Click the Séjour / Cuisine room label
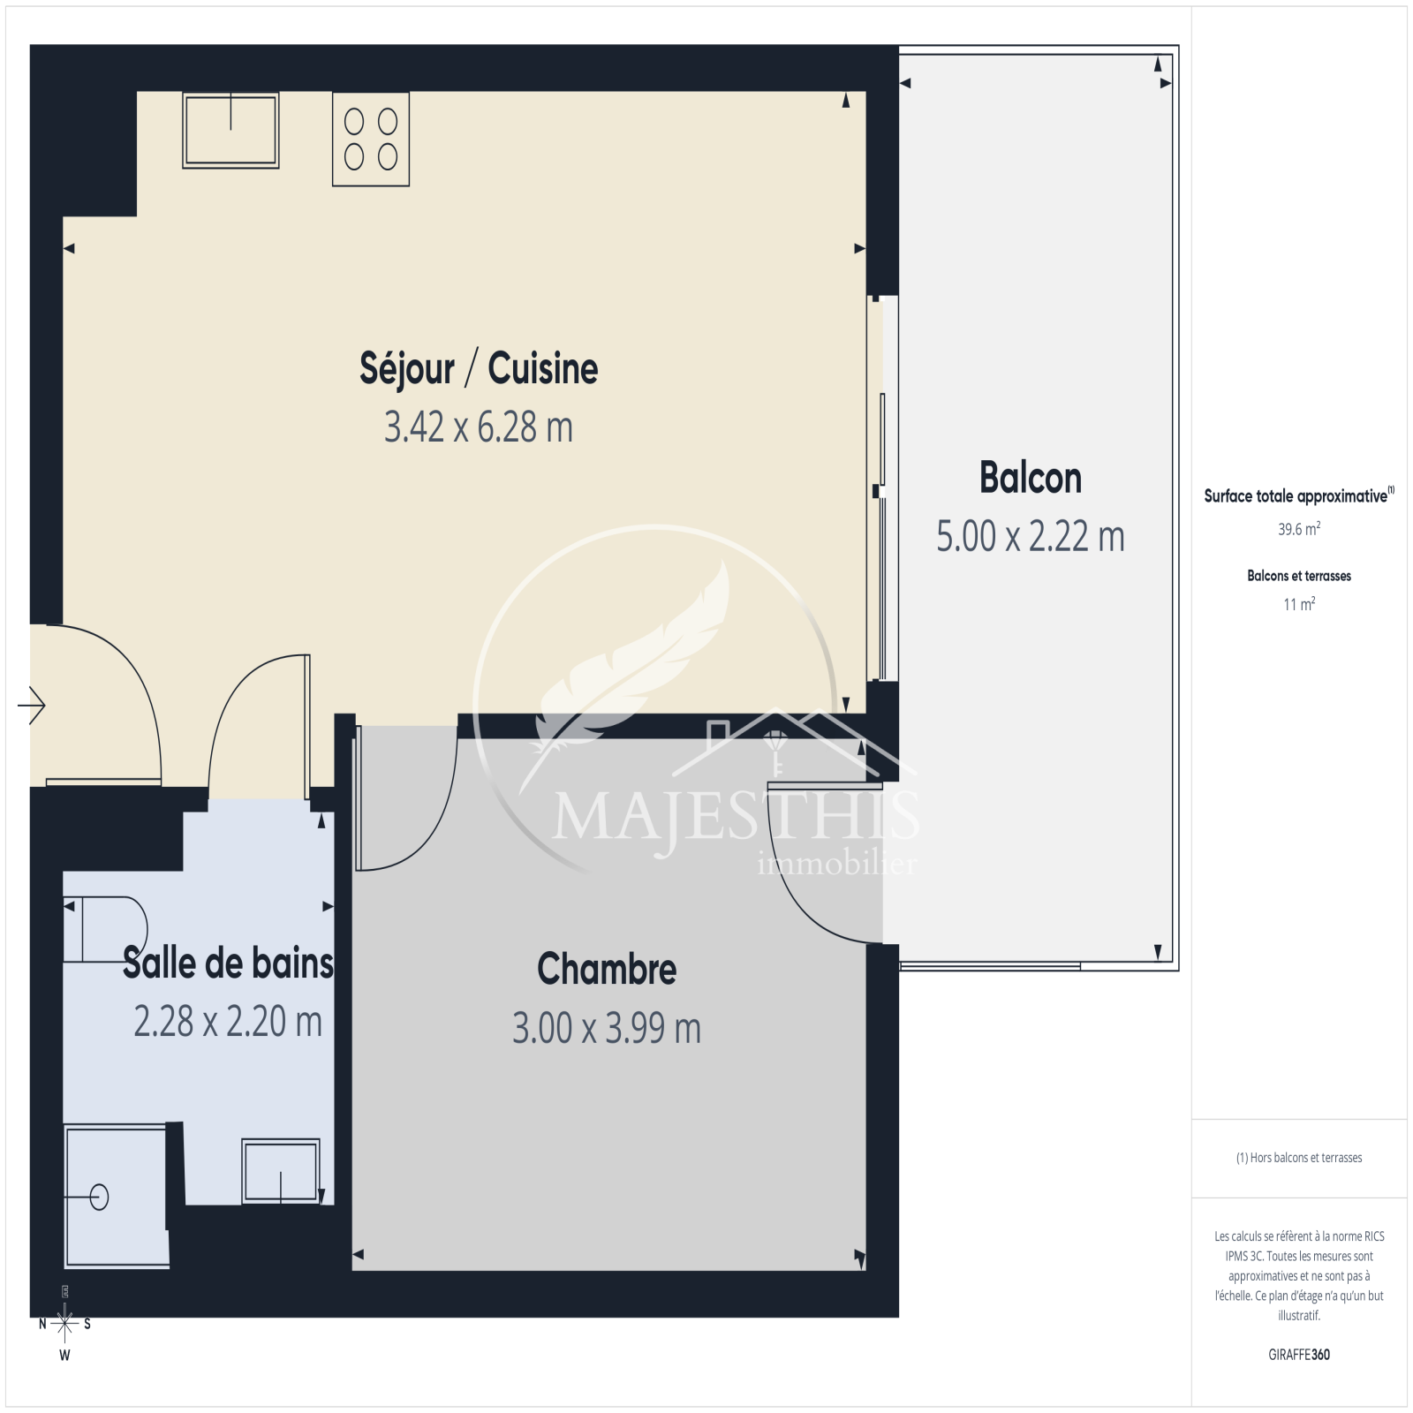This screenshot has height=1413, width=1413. [x=479, y=369]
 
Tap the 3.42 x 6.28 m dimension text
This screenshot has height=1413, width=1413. [x=479, y=427]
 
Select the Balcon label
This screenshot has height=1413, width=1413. [x=1031, y=478]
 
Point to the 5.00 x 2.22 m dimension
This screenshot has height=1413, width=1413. [x=1031, y=536]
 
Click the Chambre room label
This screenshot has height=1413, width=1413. [x=607, y=969]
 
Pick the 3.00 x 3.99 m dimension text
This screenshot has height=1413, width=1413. [x=607, y=1028]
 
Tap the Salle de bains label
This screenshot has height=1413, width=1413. [x=228, y=963]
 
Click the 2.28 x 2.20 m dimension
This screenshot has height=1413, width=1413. [x=228, y=1022]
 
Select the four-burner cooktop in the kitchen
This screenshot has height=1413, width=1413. [x=371, y=139]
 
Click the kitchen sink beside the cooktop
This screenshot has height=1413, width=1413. [x=230, y=130]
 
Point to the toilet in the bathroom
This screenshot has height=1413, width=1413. [x=105, y=929]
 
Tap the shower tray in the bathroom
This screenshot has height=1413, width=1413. [x=116, y=1196]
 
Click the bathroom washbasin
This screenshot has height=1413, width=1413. [x=281, y=1171]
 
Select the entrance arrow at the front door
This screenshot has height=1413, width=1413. [x=32, y=705]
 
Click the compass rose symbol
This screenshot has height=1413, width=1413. [x=64, y=1323]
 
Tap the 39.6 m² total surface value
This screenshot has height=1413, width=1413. [x=1299, y=529]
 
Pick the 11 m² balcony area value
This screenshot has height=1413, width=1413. [x=1299, y=604]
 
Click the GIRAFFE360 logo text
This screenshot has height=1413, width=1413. [x=1299, y=1354]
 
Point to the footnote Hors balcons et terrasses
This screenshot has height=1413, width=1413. [x=1299, y=1158]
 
